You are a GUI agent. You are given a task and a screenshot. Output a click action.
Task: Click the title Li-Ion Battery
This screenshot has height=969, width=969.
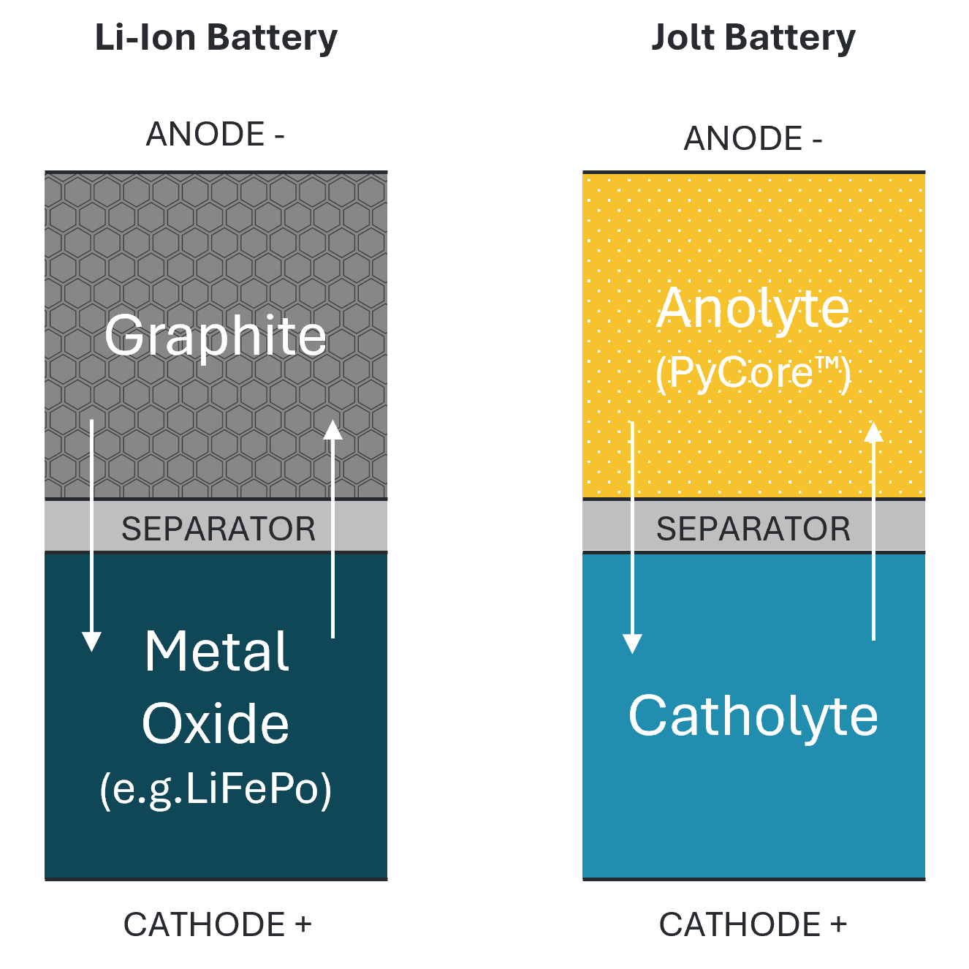point(216,38)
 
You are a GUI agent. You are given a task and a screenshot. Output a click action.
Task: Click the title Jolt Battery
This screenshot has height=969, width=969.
point(753,38)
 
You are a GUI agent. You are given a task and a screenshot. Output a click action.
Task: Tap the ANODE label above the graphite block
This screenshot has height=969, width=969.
point(215,135)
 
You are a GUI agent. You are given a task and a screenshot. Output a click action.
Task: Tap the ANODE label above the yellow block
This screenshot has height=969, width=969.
point(753,139)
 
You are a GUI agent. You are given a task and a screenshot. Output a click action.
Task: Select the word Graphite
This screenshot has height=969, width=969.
point(216,336)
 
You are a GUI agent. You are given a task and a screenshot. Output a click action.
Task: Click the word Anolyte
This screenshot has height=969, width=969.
point(753,309)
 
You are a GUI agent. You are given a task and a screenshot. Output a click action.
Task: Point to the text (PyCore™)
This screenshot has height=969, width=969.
point(753,373)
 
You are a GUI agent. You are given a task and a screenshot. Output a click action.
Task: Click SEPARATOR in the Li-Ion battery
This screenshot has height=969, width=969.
point(218,529)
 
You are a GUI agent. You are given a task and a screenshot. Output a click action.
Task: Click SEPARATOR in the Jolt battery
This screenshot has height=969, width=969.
point(753,529)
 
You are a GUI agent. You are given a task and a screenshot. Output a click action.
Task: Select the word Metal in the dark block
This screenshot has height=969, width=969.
point(217,652)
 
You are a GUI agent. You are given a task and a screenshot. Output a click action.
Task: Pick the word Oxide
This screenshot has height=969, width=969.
point(216,724)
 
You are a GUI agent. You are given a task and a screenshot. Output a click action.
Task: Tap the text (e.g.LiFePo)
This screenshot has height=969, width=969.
point(216,789)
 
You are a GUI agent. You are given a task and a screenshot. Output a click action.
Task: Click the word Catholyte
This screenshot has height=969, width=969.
point(753,716)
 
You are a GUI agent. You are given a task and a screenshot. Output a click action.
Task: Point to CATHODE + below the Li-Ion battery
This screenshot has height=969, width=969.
point(217,924)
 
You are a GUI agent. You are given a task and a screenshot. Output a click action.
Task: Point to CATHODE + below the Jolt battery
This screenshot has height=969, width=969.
point(753,924)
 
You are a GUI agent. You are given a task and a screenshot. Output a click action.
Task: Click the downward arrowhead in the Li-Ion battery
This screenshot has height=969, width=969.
point(91,641)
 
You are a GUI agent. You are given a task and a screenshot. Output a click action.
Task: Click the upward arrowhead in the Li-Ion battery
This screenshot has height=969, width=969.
point(333,430)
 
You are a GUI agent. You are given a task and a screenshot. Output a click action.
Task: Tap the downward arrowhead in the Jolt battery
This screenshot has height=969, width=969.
point(632,643)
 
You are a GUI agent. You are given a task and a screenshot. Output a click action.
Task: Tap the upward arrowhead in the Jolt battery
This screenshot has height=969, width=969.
point(873,432)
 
